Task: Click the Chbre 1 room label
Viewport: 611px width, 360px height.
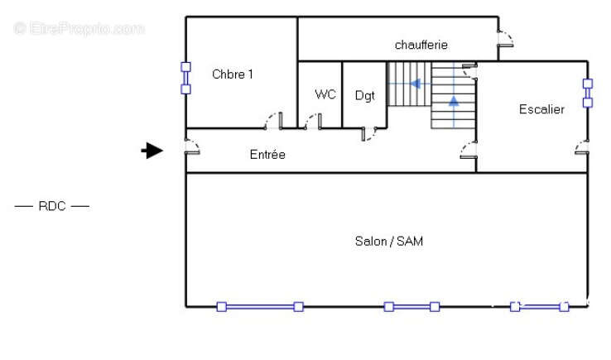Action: point(233,74)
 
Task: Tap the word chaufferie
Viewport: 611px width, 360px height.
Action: point(421,45)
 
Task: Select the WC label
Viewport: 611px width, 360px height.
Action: point(325,94)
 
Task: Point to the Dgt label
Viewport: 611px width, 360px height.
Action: point(365,96)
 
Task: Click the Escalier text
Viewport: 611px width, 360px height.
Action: point(541,109)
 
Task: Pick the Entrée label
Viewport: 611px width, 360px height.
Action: point(267,154)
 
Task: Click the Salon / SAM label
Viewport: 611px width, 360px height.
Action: point(389,241)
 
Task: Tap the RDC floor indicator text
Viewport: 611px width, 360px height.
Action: point(52,206)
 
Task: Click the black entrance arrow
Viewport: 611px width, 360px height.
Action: point(152,151)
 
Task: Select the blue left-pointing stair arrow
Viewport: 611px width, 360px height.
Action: point(416,84)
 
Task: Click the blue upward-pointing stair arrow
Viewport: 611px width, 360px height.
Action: point(454,101)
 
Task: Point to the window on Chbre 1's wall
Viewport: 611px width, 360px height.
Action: point(186,78)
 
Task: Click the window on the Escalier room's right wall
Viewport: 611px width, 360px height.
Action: point(588,94)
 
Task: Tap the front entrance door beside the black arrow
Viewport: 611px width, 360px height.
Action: point(192,146)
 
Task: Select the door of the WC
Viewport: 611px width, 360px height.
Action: point(313,121)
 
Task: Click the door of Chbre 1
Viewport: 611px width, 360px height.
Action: point(273,121)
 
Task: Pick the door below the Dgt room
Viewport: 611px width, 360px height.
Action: point(368,133)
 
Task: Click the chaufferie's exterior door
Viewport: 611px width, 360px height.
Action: point(505,39)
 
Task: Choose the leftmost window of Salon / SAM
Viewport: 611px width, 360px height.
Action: point(260,307)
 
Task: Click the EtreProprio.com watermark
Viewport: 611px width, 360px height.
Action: point(79,28)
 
